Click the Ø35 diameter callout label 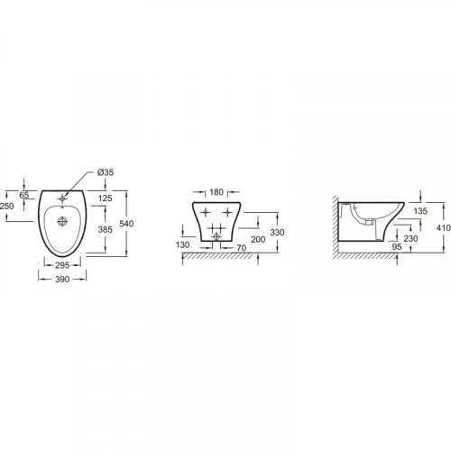pyautogui.click(x=106, y=172)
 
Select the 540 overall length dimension pyautogui.click(x=126, y=224)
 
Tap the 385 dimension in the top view pyautogui.click(x=105, y=229)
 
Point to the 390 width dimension pyautogui.click(x=62, y=280)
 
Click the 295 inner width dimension pyautogui.click(x=62, y=265)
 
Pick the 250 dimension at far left pyautogui.click(x=6, y=207)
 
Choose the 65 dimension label pyautogui.click(x=24, y=195)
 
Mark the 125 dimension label pyautogui.click(x=105, y=198)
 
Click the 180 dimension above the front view pyautogui.click(x=216, y=192)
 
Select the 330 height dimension pyautogui.click(x=277, y=233)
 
